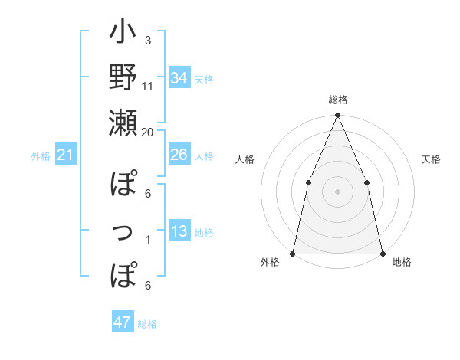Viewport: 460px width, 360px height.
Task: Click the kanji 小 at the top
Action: point(123,35)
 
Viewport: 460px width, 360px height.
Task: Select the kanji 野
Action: point(123,78)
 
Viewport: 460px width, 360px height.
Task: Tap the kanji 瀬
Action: point(123,123)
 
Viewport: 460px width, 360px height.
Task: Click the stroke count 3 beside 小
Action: point(147,41)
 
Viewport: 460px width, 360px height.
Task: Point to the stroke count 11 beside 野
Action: point(148,86)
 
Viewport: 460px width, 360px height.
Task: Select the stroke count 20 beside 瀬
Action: point(148,132)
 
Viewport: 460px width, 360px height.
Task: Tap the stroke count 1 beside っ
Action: point(147,240)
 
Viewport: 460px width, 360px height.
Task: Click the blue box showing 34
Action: point(179,77)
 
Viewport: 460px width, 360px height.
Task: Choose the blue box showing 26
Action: point(179,155)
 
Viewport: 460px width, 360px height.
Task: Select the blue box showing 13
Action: point(179,231)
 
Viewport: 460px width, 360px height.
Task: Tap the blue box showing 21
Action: point(66,155)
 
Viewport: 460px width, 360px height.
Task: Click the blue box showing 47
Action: point(122,322)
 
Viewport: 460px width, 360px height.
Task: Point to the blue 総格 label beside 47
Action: point(147,324)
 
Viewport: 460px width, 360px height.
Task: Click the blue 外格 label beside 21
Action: point(41,156)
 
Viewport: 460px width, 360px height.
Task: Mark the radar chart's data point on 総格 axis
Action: point(337,116)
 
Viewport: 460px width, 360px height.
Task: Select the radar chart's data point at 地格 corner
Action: point(382,254)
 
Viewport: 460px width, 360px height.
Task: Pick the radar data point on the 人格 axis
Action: point(308,182)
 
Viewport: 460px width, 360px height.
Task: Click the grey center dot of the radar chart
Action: point(337,191)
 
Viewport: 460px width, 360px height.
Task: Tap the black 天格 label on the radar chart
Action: point(432,159)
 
